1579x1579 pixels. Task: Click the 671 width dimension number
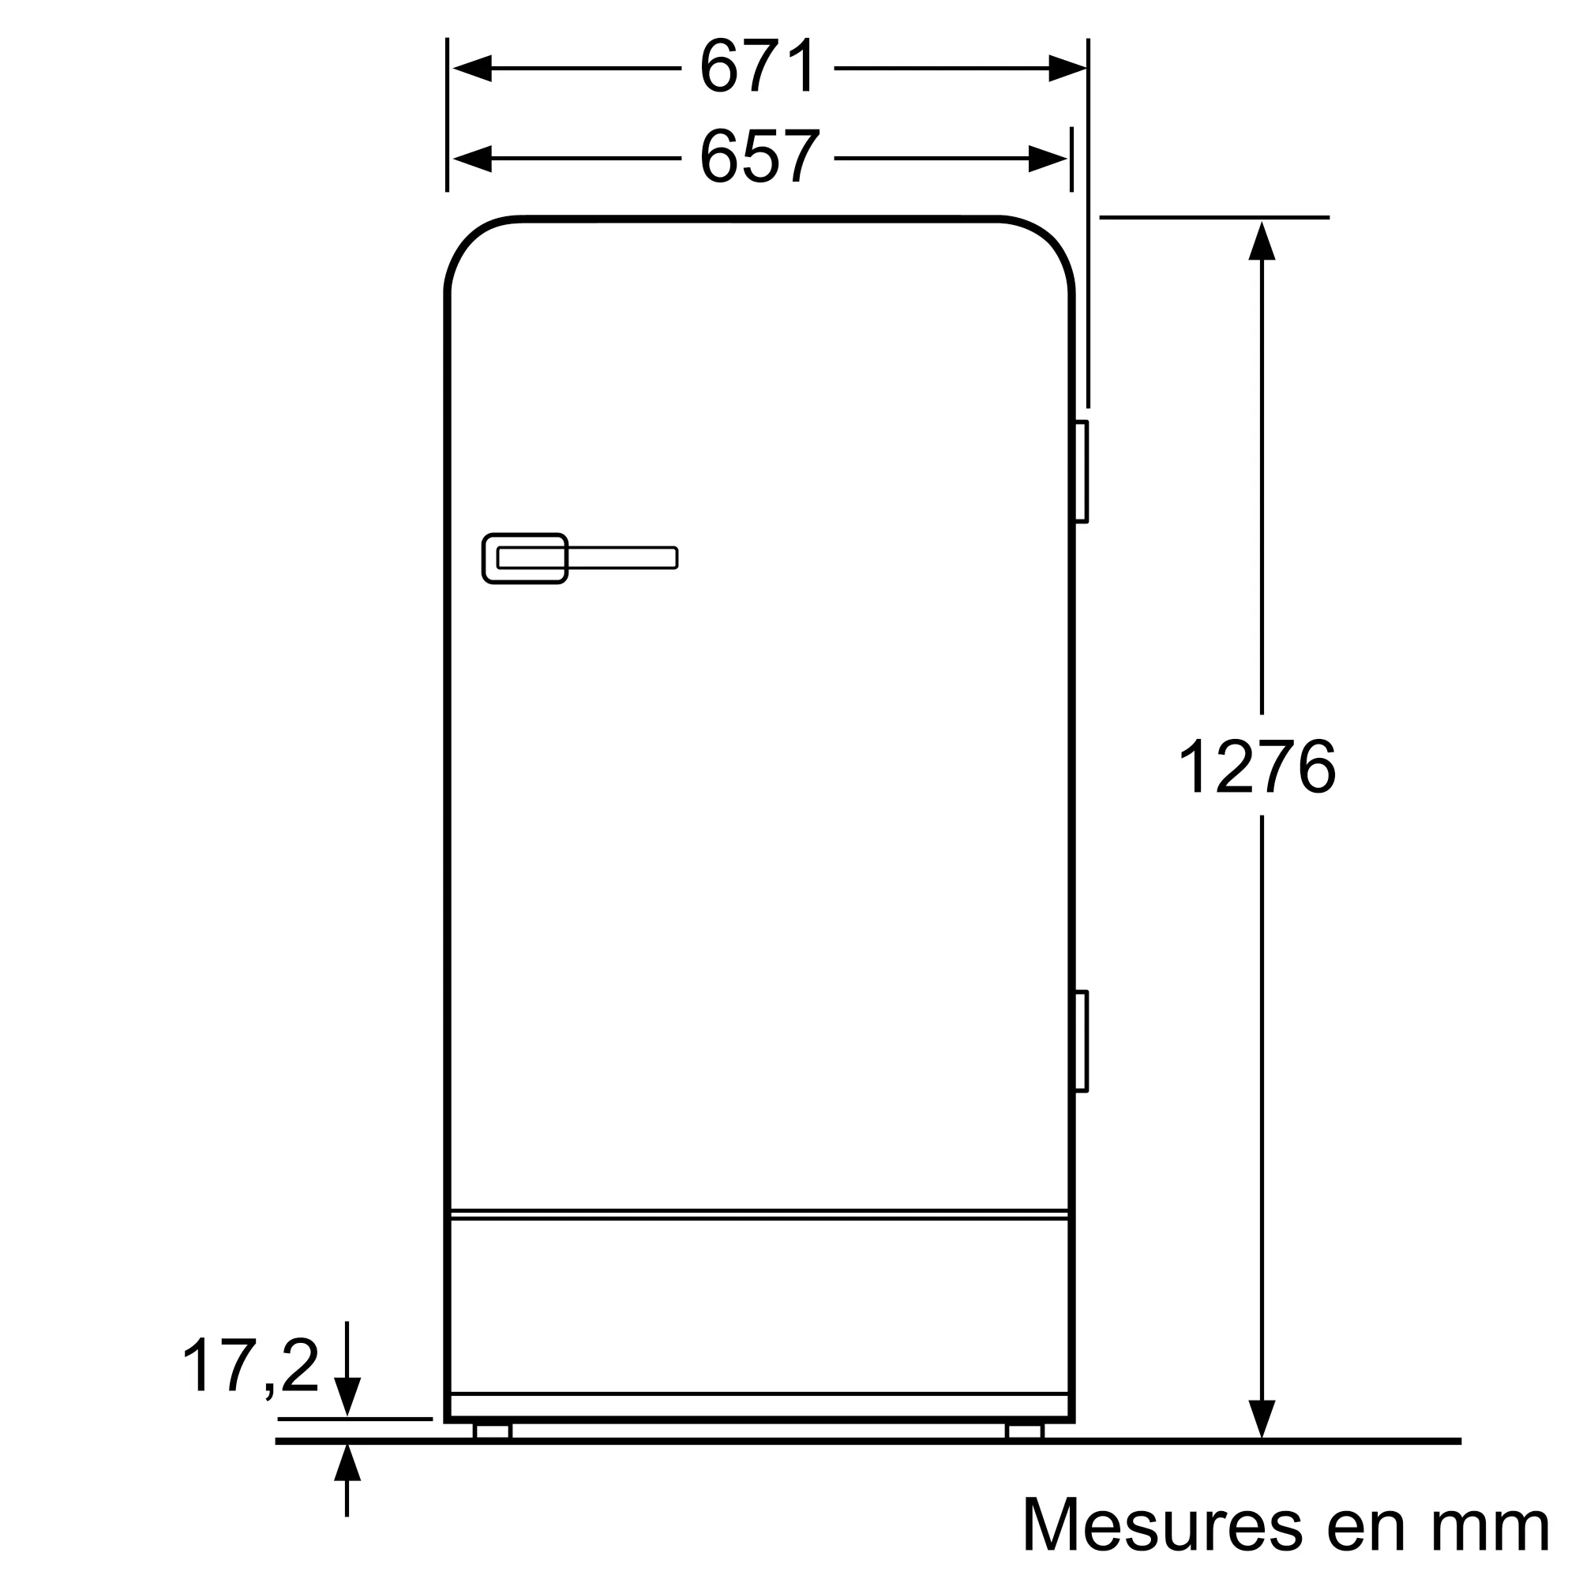click(x=758, y=66)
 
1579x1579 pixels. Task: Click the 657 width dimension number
click(x=758, y=156)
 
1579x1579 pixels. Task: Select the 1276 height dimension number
click(x=1256, y=766)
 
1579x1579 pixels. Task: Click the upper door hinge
click(x=1082, y=471)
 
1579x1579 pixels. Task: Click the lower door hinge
click(x=1082, y=1041)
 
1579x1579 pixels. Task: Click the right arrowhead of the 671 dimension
click(x=1067, y=69)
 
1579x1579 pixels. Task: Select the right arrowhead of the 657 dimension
click(x=1047, y=159)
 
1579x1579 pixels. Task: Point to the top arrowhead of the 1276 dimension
click(x=1262, y=241)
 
